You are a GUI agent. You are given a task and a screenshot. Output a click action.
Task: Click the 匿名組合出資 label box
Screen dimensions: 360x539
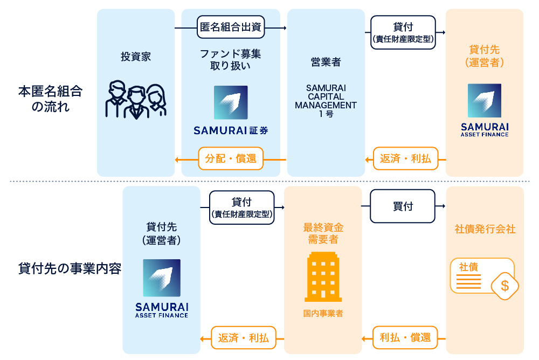[x=231, y=27]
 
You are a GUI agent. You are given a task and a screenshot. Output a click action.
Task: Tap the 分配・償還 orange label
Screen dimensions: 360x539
[x=231, y=159]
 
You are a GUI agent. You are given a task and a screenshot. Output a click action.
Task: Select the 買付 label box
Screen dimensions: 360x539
[x=402, y=206]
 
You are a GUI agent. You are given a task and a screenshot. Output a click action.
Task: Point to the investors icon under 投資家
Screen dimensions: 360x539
[x=135, y=100]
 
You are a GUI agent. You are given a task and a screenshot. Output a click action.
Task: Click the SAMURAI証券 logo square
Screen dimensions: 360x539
[x=231, y=102]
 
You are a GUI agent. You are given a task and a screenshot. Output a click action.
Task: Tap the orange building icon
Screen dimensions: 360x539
[x=323, y=278]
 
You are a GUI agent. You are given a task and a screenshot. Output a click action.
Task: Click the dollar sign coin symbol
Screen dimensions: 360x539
[x=505, y=286]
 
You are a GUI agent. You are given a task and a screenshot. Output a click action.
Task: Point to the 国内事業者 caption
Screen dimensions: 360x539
[x=323, y=314]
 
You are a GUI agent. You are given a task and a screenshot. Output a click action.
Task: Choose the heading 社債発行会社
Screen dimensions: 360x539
[x=485, y=230]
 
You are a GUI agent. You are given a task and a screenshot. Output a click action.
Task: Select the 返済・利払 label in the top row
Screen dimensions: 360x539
[x=405, y=159]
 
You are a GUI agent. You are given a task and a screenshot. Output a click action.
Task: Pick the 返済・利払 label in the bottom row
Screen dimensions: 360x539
[x=243, y=338]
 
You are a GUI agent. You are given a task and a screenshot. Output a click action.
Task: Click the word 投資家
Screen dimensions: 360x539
[x=135, y=57]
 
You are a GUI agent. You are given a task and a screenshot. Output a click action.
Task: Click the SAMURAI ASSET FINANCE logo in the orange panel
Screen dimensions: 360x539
[x=484, y=110]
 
